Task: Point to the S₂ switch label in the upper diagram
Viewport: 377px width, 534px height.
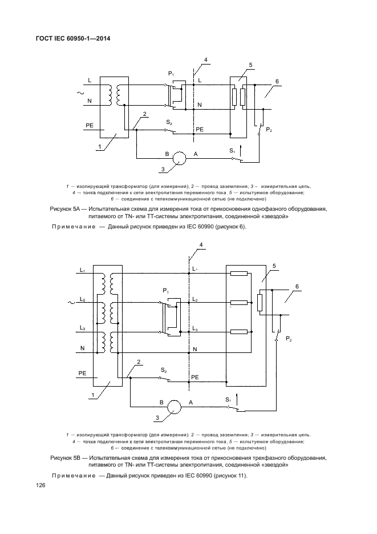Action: (169, 123)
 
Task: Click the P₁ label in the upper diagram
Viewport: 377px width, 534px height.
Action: (171, 75)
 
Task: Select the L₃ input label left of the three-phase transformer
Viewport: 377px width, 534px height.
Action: (83, 328)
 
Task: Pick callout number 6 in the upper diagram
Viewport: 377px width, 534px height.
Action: (277, 81)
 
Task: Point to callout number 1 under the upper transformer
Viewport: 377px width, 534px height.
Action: (100, 147)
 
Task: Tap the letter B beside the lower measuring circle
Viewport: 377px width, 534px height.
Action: (162, 403)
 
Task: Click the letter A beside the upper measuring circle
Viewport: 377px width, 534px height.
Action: (196, 155)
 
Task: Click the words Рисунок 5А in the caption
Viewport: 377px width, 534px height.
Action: (68, 210)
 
